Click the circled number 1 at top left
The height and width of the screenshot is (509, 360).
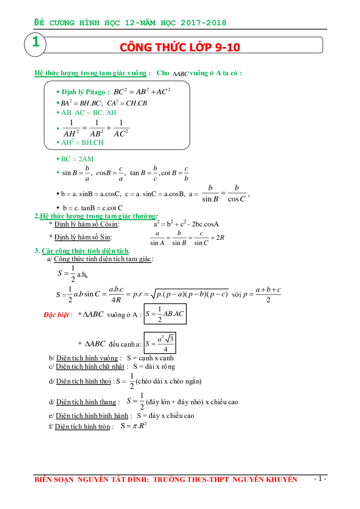point(36,43)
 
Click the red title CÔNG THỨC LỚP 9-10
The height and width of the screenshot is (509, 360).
point(180,47)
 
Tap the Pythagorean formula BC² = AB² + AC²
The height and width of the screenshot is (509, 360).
point(142,92)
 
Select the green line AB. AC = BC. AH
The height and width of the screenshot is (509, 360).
point(89,112)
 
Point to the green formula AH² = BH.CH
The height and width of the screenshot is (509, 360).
point(82,142)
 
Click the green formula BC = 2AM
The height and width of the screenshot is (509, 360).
point(77,159)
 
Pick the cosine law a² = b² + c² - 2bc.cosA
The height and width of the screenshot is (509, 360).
point(186,224)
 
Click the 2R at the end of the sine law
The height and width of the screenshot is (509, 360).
point(220,238)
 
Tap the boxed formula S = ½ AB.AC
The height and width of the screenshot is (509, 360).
point(165,314)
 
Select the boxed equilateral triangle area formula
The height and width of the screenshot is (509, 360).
point(160,343)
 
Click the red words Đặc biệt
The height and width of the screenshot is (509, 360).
point(56,315)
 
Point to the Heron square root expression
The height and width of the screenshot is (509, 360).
point(189,294)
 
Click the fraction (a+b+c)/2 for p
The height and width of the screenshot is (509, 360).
point(268,295)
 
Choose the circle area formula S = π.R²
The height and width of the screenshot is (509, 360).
point(133,426)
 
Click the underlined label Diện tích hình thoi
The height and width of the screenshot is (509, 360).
point(83,381)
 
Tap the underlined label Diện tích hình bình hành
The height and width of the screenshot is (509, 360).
point(92,415)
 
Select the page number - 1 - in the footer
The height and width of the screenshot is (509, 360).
point(320,478)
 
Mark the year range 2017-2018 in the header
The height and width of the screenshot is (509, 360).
point(203,23)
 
